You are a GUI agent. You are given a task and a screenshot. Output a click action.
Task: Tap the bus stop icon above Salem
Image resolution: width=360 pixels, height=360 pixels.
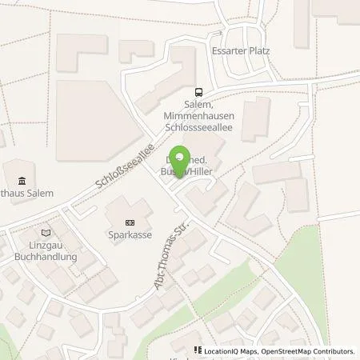pyautogui.click(x=198, y=93)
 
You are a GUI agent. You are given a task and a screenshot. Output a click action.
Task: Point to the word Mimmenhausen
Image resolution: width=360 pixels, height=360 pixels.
pyautogui.click(x=198, y=116)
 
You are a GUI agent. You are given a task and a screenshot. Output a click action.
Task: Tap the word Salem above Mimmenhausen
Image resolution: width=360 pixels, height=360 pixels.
pyautogui.click(x=198, y=105)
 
